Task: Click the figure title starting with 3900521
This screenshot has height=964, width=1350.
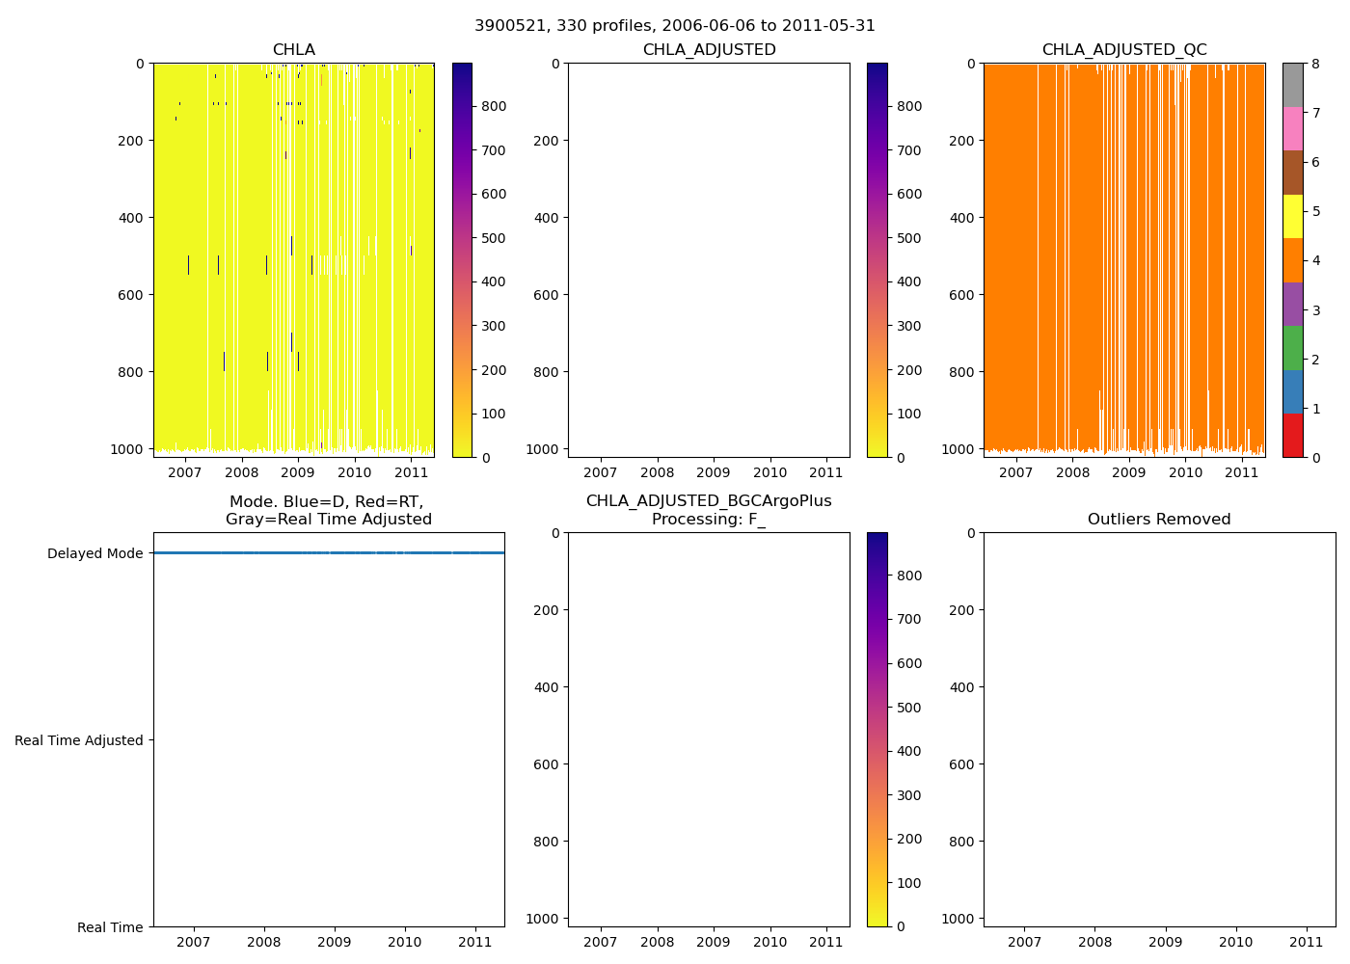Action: tap(675, 26)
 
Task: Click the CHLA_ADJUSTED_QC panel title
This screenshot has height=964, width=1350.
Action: tap(1124, 50)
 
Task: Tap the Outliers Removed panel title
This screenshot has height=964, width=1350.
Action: tap(1159, 520)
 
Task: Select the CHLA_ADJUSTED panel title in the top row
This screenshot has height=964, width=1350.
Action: tap(709, 50)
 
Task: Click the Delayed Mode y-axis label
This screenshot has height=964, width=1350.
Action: tap(94, 553)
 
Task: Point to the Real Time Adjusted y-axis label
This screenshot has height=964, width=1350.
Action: tap(79, 740)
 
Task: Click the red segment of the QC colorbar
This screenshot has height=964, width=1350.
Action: tap(1293, 436)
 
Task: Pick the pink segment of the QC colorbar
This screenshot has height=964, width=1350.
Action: tap(1293, 128)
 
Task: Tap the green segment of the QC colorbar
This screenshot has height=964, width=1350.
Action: tap(1293, 348)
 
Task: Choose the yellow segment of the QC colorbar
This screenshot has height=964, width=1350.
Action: tap(1293, 216)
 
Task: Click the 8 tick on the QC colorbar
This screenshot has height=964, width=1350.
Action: tap(1314, 64)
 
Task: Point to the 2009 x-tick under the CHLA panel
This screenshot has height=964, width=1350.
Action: tap(298, 472)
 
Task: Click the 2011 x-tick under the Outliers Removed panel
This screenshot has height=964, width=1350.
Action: tap(1307, 942)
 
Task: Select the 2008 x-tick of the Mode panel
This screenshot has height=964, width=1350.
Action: tap(264, 942)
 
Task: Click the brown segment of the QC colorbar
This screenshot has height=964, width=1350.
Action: tap(1293, 173)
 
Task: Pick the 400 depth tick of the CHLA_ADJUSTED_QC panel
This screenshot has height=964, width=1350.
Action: tap(962, 218)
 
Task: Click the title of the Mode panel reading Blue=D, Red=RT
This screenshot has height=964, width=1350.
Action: tap(328, 511)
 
